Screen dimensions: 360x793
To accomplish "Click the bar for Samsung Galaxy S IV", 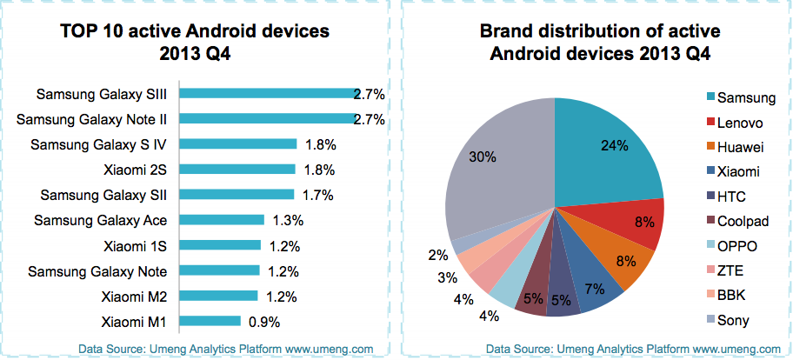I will [239, 144].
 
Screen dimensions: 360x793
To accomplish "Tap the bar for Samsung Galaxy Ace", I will [223, 219].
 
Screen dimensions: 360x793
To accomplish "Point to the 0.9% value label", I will [264, 322].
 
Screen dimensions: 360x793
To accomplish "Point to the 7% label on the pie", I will [595, 288].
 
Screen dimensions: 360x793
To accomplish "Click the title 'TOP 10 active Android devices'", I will [195, 32].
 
